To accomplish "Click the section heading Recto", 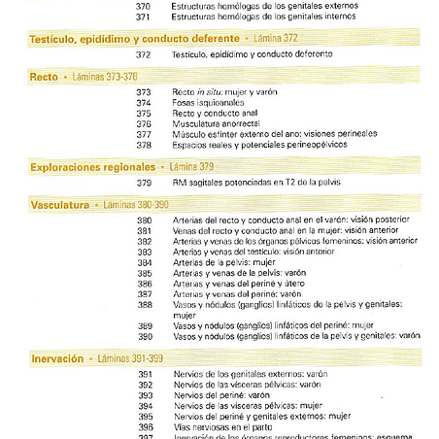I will click(44, 75).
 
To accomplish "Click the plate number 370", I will click(143, 5).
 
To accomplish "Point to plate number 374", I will click(143, 102).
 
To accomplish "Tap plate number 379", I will click(143, 183).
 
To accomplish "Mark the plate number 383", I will click(143, 251).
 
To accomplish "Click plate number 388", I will click(143, 304).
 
